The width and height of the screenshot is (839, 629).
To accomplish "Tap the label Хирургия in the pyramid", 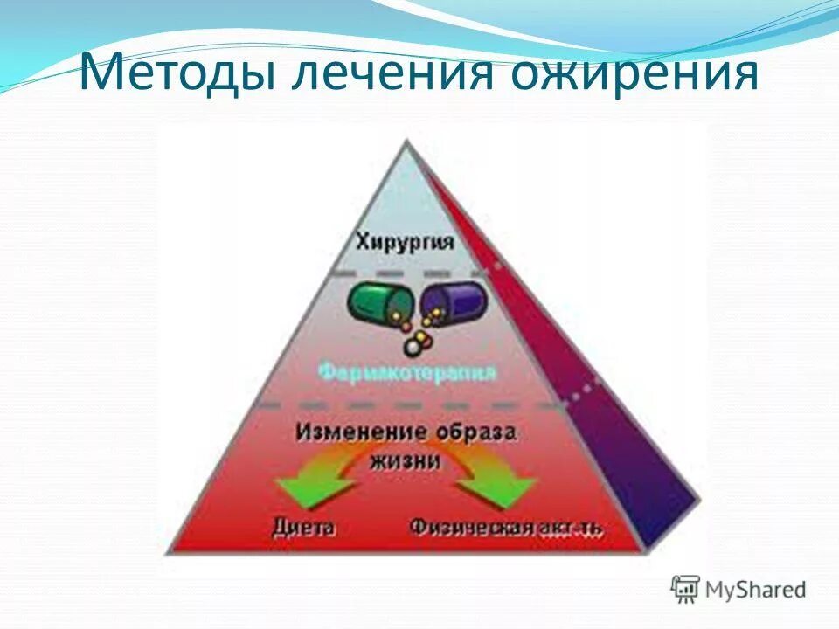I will coord(405,242).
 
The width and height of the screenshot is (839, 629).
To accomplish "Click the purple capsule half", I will coord(449,302).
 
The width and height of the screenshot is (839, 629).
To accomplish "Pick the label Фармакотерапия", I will coord(407,373).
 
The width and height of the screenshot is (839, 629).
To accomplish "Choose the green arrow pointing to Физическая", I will coord(511,489).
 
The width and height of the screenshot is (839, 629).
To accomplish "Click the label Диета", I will coord(302,528).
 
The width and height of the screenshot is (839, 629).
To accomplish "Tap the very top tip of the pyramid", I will coord(406,142).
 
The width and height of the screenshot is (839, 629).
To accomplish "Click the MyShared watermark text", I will coord(755,589).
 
